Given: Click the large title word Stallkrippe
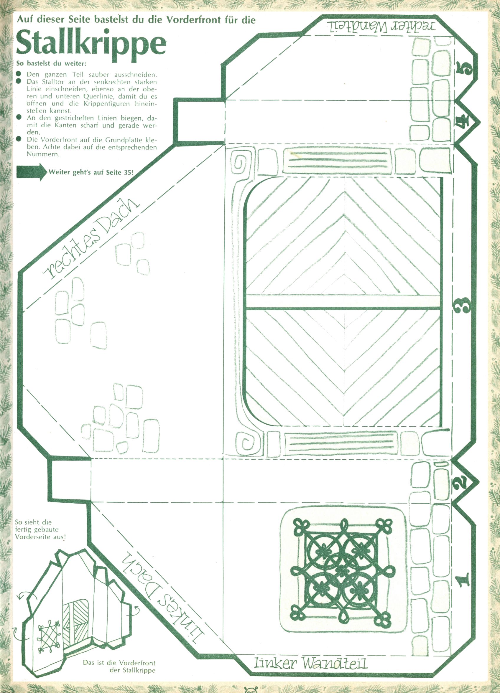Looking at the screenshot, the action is [91, 44].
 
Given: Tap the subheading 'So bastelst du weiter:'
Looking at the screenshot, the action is [51, 64].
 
